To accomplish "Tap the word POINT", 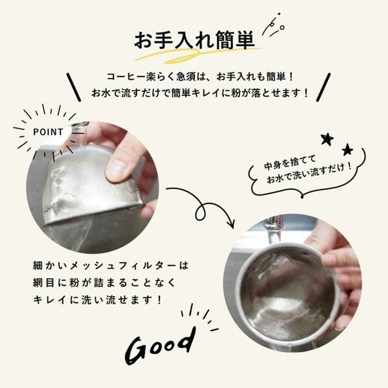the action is [48, 132].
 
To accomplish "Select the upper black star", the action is [327, 139].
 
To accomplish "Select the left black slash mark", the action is [74, 87].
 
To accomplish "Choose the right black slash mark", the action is [324, 87].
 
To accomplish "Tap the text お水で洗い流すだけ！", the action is [309, 174].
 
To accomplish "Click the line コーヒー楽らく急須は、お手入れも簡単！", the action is [200, 77].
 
